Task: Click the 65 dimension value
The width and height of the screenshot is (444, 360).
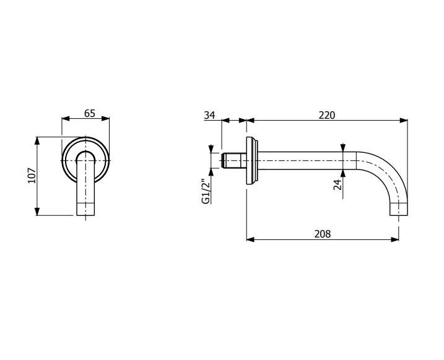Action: pos(89,113)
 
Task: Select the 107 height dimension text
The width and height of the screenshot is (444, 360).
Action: pos(32,176)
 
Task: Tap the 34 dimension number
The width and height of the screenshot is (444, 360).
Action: pos(209,115)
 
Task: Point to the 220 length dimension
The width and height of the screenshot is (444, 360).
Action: pos(327,115)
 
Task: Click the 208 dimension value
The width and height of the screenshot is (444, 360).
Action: pos(323,234)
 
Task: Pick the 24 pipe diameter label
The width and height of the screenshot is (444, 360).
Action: pos(337,184)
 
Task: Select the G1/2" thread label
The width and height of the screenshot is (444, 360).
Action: pos(206,191)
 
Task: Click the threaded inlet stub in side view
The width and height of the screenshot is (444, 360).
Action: pos(234,161)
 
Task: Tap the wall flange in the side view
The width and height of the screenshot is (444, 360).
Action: pos(252,161)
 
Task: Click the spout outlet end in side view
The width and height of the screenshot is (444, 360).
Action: pos(399,209)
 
